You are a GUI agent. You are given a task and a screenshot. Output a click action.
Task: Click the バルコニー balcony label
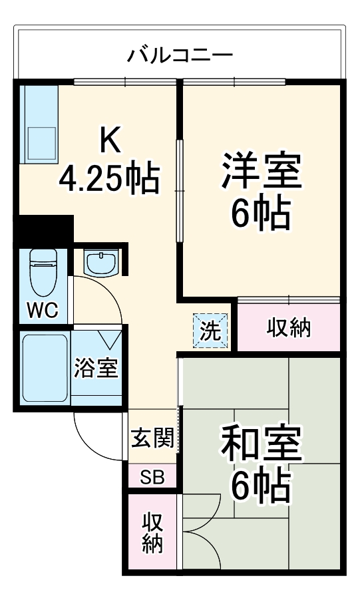(x=180, y=53)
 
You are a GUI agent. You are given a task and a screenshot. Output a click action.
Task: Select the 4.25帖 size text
(x=110, y=178)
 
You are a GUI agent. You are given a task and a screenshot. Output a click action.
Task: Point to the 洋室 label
(x=262, y=172)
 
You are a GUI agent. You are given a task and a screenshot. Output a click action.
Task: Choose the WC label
(x=43, y=309)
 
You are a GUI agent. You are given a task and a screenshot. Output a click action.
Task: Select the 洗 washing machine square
(x=211, y=331)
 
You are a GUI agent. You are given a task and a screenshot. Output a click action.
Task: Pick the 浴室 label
(x=96, y=368)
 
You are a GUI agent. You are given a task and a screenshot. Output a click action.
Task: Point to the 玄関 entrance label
(x=152, y=438)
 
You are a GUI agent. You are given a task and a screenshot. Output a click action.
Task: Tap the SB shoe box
(x=152, y=477)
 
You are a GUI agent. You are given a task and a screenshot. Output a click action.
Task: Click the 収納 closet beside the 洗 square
(x=289, y=328)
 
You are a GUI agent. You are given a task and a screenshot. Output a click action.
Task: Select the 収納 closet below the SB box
(x=152, y=533)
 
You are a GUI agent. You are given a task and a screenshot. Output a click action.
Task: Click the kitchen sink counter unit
(x=40, y=123)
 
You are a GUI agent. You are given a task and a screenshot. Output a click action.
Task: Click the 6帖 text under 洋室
(x=262, y=212)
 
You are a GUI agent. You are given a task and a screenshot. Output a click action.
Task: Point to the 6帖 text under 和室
(x=262, y=488)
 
